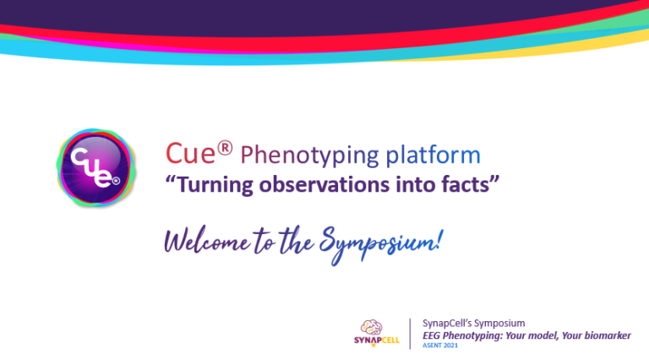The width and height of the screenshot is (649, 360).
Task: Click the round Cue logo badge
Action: (95, 167)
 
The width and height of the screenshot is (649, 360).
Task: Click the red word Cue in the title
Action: (190, 154)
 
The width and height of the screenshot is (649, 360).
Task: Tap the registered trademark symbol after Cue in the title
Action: (225, 148)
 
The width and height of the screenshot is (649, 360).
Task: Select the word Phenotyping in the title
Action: (309, 156)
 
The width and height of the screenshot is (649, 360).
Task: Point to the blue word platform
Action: (433, 155)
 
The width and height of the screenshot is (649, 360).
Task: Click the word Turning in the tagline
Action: (215, 184)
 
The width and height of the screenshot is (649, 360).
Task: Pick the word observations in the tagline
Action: (324, 184)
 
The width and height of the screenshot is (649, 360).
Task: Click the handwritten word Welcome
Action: (207, 241)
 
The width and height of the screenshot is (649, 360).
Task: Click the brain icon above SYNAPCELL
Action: (371, 327)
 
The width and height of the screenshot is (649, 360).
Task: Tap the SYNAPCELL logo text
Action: (377, 341)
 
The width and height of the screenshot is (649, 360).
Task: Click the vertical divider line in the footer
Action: (410, 334)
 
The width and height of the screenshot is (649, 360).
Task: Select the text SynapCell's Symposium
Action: (473, 323)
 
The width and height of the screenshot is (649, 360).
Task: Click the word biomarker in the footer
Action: (608, 335)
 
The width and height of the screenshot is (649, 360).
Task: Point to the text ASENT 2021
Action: (440, 346)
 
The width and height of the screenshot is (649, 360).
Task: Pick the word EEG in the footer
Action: (431, 335)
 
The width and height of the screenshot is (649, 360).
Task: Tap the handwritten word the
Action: (297, 241)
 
